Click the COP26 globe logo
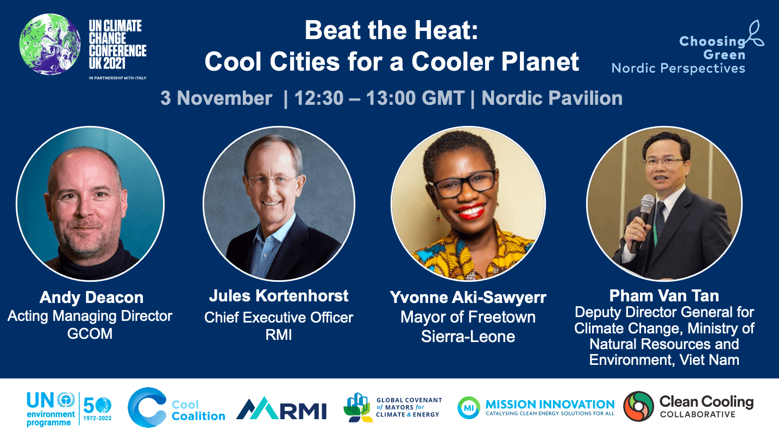click(50, 44)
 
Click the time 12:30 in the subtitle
click(319, 98)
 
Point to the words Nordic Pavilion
click(552, 98)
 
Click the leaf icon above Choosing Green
click(755, 33)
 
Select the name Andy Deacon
click(91, 298)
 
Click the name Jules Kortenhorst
click(279, 296)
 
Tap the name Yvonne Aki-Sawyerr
click(468, 298)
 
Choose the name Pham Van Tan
click(664, 296)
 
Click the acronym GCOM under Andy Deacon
click(90, 334)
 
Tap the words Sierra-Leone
click(468, 337)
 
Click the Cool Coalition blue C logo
click(147, 407)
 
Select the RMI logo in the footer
click(281, 408)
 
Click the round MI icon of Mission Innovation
click(468, 407)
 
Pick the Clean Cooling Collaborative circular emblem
click(638, 406)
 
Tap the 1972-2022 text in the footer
click(97, 418)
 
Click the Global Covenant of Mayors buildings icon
click(358, 407)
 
